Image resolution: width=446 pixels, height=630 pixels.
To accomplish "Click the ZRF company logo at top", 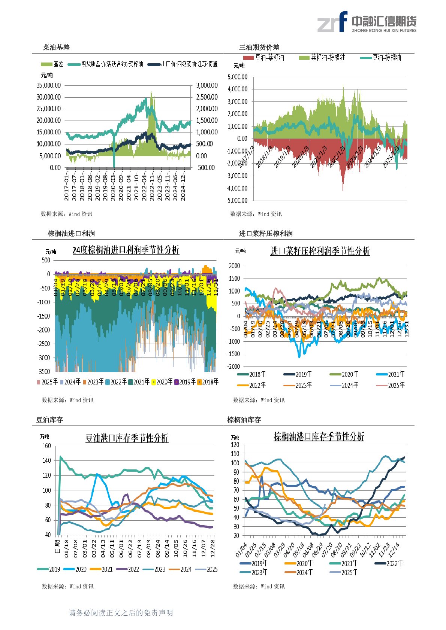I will point(367,22).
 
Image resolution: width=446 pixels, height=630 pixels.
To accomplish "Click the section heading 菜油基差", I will point(56,48).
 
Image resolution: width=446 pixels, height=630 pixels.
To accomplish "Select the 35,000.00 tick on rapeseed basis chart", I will point(49,85).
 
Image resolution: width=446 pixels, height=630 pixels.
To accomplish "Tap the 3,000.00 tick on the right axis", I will point(207,85).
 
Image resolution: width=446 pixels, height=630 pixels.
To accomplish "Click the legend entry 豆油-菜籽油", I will point(264,58).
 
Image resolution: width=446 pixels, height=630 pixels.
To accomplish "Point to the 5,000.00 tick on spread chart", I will point(238,77).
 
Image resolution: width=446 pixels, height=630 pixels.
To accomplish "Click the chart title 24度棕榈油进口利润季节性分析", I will point(126,250).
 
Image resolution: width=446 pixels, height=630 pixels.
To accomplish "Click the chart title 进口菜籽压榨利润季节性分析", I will point(320,251).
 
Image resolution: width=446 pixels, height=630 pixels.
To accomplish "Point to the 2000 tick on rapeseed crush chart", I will point(235,266).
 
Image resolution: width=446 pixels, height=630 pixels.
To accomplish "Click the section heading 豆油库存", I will point(49,420).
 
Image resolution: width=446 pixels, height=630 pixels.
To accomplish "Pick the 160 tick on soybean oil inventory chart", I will point(46,446).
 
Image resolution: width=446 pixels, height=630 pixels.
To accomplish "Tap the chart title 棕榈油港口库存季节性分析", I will point(319,436).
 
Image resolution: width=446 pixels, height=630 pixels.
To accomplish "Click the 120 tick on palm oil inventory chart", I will point(235,445).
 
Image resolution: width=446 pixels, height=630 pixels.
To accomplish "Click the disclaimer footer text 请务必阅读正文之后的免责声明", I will point(121,613).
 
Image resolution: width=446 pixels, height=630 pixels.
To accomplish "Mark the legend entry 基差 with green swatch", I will point(53,64).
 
